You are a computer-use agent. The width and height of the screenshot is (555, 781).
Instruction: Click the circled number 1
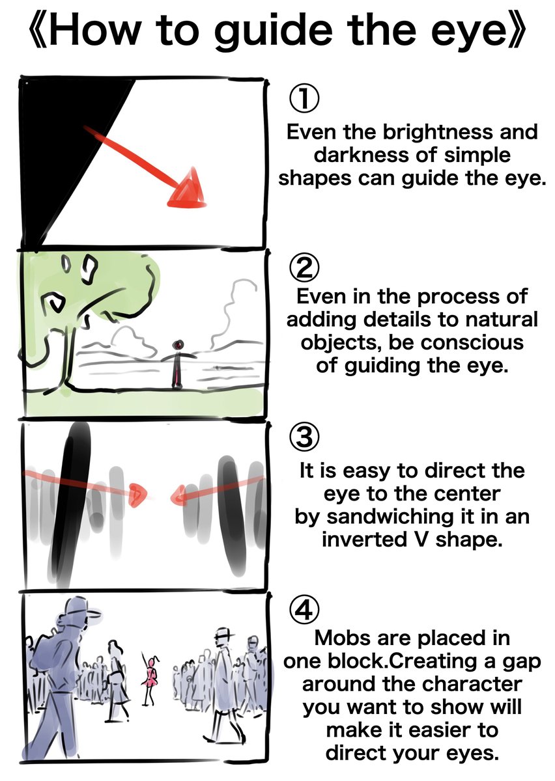coord(304,98)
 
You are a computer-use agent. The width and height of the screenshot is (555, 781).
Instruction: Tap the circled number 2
coord(304,267)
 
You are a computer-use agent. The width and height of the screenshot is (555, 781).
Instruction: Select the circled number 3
coord(304,437)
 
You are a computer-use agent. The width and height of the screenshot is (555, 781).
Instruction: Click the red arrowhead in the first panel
coord(188,189)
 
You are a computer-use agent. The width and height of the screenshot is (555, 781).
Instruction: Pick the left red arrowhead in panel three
coord(137,495)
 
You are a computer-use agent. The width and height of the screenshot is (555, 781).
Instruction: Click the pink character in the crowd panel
coord(152,677)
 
